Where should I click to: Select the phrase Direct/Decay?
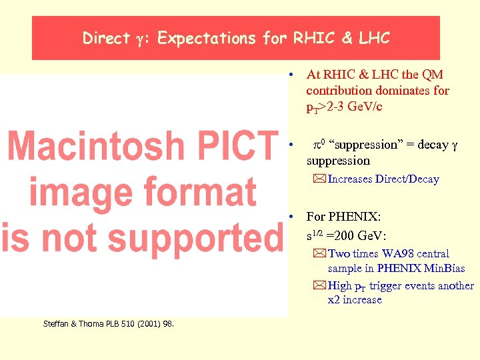coord(407,179)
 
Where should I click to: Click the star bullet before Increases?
coord(320,179)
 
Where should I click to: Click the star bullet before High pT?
coord(320,285)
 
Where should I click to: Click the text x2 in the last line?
coord(334,300)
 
